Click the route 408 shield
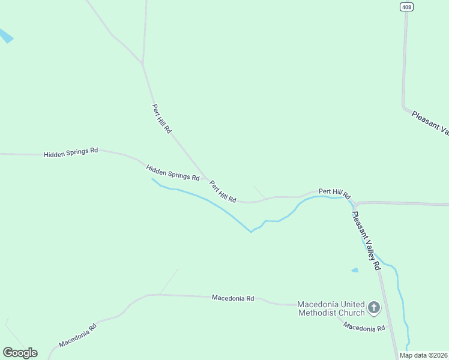pos(406,6)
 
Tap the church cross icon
pos(373,308)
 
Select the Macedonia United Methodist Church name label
pos(331,308)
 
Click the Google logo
pos(20,352)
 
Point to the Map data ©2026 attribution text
pos(423,355)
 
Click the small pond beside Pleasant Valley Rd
pos(355,270)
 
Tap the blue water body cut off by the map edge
pos(5,36)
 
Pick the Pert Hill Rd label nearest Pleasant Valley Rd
pos(334,192)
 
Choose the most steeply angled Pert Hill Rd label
pos(161,119)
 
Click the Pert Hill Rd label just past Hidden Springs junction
pos(223,192)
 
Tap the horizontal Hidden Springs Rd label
pos(71,153)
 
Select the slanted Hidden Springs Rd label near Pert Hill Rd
pos(173,173)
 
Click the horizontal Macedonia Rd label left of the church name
pos(233,298)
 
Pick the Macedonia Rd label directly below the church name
pos(364,328)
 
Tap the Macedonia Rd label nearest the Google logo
pos(77,337)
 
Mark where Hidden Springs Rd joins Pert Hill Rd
pos(207,179)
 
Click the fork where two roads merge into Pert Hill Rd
pos(142,63)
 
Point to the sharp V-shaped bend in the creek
pos(251,232)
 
